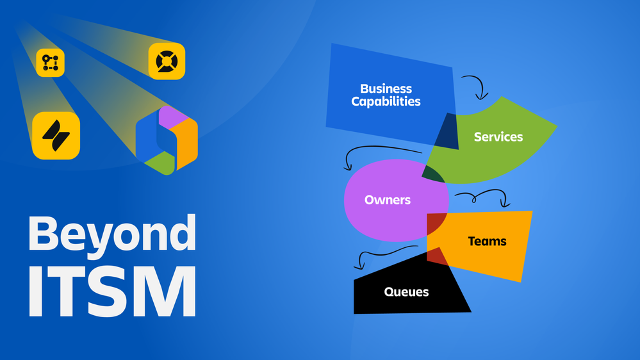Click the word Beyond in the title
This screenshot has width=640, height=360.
[x=112, y=233]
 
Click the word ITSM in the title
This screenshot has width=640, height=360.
[x=112, y=291]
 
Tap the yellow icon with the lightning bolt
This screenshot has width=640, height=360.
[x=56, y=136]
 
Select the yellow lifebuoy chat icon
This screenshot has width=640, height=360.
[x=167, y=61]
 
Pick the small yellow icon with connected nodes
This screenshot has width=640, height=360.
[x=50, y=62]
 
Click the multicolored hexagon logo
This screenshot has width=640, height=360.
[x=167, y=140]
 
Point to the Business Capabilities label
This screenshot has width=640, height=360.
[x=386, y=95]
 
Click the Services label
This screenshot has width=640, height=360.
[x=498, y=136]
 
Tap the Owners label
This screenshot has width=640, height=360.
[x=388, y=200]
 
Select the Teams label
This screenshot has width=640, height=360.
[x=487, y=241]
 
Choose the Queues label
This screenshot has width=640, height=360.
[x=407, y=292]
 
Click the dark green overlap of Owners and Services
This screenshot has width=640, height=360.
[x=432, y=174]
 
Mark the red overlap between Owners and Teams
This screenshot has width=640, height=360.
[x=436, y=224]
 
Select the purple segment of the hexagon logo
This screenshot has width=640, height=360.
[x=173, y=116]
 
